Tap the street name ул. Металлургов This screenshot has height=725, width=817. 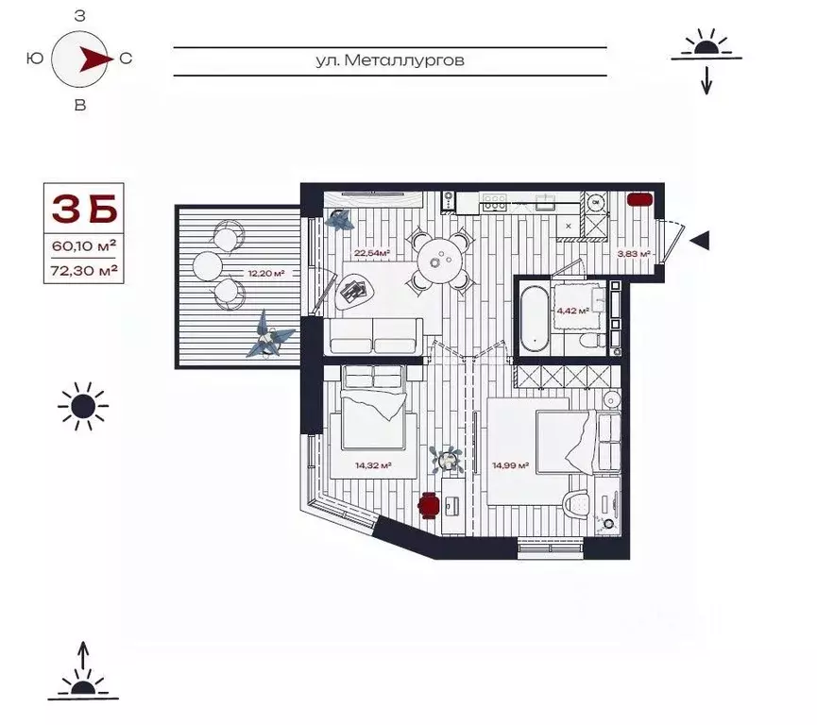tap(391, 60)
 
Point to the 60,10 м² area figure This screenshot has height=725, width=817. tap(84, 246)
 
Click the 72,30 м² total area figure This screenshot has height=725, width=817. tap(84, 270)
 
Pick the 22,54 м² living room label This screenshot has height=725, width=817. tap(372, 253)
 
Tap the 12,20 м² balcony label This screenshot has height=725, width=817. tap(266, 274)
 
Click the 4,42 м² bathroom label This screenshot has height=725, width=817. tap(571, 310)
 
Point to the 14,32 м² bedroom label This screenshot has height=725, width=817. tap(373, 464)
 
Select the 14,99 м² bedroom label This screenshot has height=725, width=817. tap(509, 464)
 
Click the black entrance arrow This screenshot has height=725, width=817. tap(699, 241)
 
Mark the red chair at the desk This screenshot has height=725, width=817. tap(428, 505)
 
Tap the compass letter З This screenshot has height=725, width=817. tap(80, 16)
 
